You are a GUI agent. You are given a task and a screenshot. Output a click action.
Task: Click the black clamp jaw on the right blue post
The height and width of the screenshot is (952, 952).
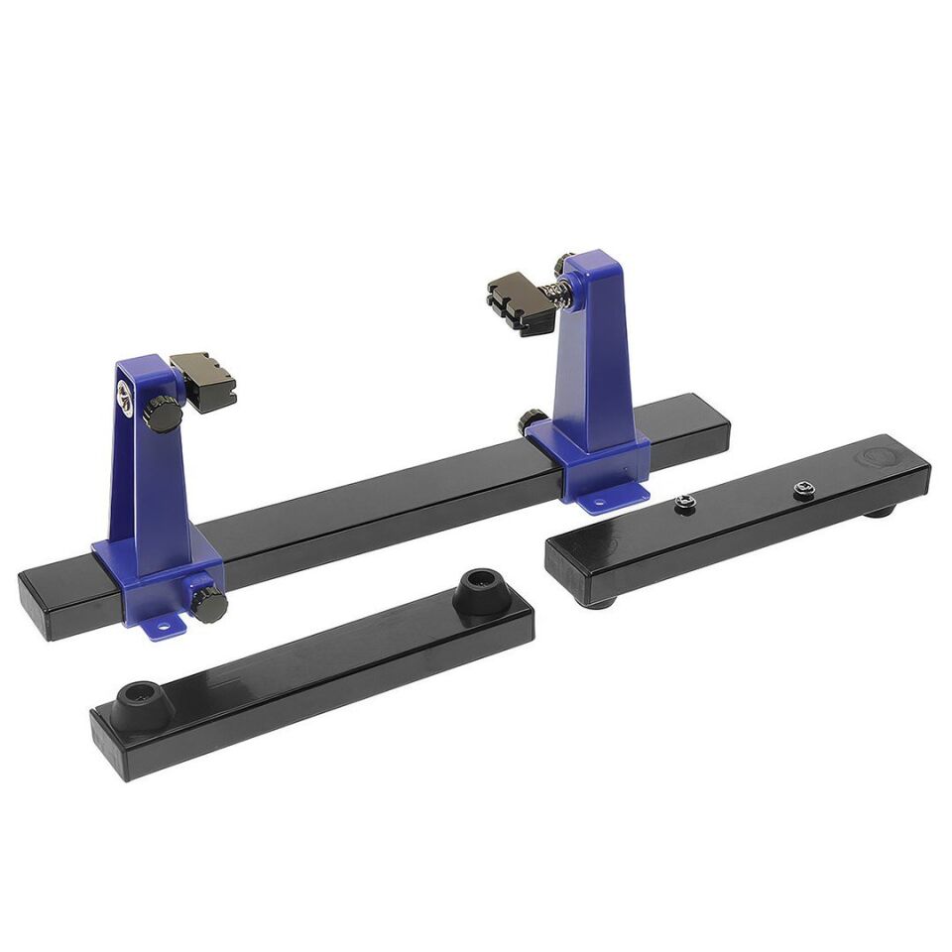tap(520, 303)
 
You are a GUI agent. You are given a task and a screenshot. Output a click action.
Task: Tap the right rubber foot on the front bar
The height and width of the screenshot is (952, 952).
tap(481, 591)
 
